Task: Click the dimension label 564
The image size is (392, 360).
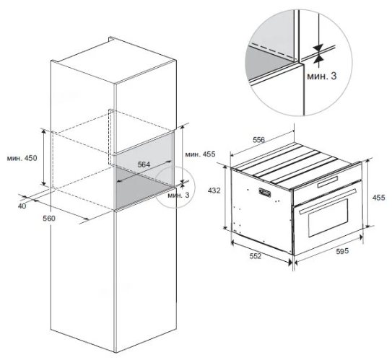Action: tap(144, 164)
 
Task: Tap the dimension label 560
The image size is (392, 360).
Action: tap(49, 219)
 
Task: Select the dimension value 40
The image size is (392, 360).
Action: tap(22, 206)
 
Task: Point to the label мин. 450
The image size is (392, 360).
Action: tap(22, 158)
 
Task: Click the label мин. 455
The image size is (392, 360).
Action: tap(200, 154)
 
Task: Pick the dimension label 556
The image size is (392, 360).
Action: tap(258, 140)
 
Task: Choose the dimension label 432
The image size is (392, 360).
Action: tap(214, 190)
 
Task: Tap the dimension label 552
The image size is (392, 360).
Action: tap(255, 256)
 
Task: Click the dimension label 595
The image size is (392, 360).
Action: tap(342, 251)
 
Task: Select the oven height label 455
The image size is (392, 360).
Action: tap(379, 198)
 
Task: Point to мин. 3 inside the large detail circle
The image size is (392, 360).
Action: tap(322, 76)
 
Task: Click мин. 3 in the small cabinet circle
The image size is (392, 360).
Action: tap(178, 195)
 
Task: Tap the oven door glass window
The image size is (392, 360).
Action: tap(328, 218)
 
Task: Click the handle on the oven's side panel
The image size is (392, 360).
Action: tap(265, 193)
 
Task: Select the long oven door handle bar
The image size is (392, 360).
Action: tap(327, 201)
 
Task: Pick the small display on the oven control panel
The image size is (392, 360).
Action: tap(328, 182)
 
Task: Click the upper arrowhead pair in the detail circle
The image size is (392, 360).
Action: tap(319, 48)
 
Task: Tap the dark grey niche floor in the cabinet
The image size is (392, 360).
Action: tap(144, 188)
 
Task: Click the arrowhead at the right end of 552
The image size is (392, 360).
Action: tap(290, 262)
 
